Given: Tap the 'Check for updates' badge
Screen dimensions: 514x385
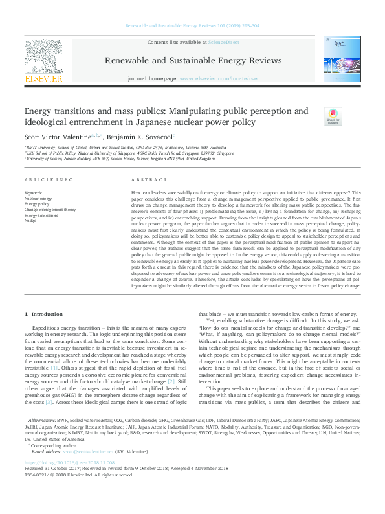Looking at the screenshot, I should (x=333, y=117).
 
